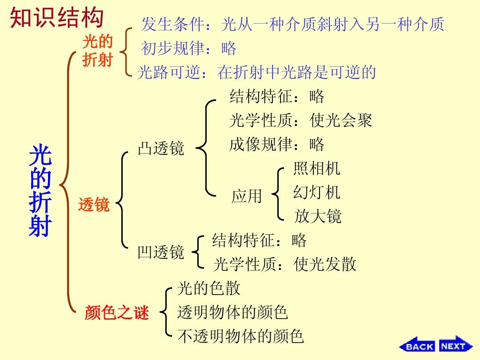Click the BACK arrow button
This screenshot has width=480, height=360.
pos(417,345)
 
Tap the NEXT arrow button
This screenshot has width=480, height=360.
pos(456,345)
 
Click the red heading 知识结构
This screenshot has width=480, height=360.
pos(56,18)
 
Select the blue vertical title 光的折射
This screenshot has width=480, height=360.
pos(40,190)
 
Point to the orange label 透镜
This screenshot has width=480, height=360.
pos(94,204)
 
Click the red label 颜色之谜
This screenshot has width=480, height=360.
pos(116,312)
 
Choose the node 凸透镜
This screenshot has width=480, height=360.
pos(161,148)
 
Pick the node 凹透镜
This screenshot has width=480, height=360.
pos(161,252)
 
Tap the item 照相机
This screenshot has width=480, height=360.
pos(316,168)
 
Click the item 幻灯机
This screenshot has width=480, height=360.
pos(316,192)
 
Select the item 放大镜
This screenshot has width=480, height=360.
pos(317,216)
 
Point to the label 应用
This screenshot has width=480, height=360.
pos(247,196)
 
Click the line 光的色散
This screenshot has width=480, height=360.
pos(209,288)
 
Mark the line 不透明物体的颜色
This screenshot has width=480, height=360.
pos(240,336)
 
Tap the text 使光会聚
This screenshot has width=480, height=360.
pos(341,120)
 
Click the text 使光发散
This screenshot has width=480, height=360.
pos(325,264)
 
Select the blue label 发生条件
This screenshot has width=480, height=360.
pos(172,24)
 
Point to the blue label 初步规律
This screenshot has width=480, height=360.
pos(172,48)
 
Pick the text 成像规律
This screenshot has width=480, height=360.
pos(261,144)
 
